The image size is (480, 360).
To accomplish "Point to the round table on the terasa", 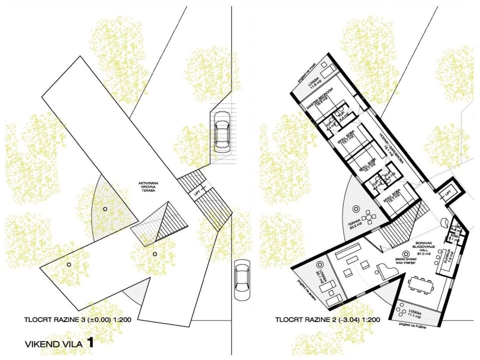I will [370, 217].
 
